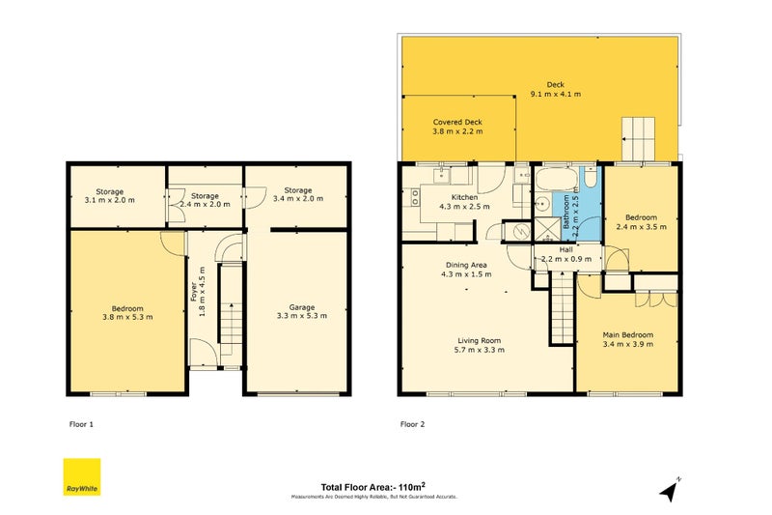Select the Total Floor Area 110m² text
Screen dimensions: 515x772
374,487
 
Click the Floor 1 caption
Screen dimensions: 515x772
82,423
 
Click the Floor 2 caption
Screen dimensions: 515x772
413,423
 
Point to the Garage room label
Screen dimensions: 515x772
295,312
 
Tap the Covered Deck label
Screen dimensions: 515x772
457,127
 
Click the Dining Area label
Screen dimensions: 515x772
465,270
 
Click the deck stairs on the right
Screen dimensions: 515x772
637,140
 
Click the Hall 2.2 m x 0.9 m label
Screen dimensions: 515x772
567,254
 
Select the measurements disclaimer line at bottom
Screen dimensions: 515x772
374,497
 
